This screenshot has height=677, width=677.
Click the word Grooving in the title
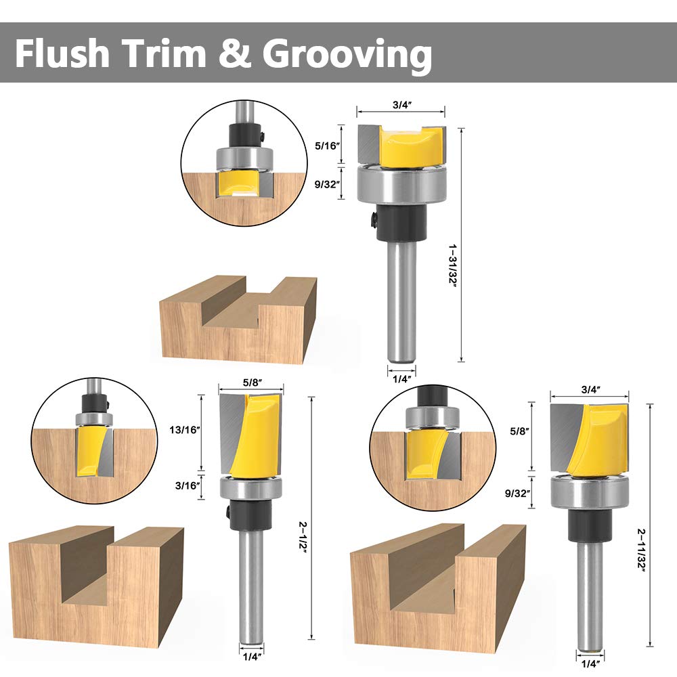tap(347, 54)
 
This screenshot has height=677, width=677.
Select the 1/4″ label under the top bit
tap(401, 378)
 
